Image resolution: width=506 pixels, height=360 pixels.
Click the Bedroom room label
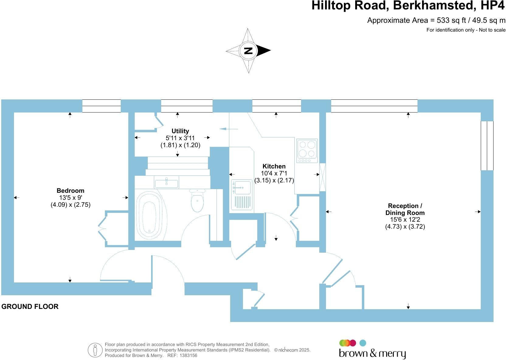pos(70,191)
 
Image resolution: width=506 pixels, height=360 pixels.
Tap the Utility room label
pos(180,131)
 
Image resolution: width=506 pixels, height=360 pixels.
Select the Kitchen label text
pos(274,166)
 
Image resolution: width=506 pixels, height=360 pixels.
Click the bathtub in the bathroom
pos(149,216)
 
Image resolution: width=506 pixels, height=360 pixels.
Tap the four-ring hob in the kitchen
pos(307,151)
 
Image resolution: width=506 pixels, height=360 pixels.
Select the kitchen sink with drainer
pos(242,195)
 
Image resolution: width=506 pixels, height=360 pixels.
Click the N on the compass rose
pos(248,51)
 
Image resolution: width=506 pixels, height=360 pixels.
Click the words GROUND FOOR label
pos(30,306)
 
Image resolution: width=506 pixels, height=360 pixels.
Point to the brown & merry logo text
pos(372,353)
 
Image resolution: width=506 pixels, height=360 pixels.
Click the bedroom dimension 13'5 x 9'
pos(70,198)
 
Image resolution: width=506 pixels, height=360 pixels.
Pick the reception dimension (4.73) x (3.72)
pos(405,227)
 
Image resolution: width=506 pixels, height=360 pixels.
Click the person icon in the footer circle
pos(95,350)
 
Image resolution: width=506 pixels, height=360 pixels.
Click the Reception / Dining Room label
pos(405,209)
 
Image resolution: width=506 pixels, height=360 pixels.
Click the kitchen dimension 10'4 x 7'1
pos(274,173)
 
